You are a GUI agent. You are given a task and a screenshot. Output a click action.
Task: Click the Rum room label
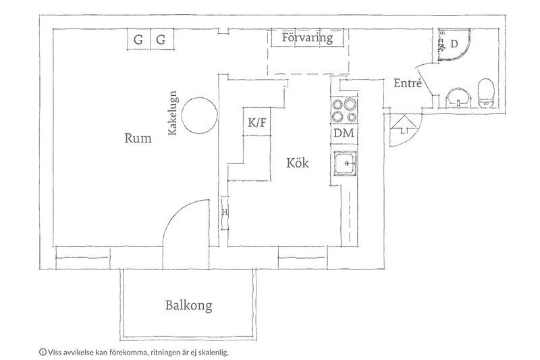coord(138,138)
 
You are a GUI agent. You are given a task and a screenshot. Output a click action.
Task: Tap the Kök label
coord(298,163)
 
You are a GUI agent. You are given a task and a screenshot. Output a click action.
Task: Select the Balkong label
coord(189,305)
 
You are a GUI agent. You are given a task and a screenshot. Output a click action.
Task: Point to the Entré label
coord(408,83)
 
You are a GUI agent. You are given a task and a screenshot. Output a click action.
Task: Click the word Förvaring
coord(307,37)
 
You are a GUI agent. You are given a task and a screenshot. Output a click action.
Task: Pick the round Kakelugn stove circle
coord(199,115)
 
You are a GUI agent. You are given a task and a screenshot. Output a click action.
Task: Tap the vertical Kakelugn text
coord(172,113)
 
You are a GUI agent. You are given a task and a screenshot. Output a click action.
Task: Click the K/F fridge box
coord(257,122)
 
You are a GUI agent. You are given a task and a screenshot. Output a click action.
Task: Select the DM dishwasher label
coord(344,133)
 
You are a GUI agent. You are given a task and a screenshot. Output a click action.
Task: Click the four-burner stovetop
coord(344,110)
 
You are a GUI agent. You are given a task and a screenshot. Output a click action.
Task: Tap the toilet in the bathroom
coord(486,93)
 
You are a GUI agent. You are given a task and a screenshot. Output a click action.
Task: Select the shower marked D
coord(454,44)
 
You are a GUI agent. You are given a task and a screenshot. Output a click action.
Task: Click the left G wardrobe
coord(138,40)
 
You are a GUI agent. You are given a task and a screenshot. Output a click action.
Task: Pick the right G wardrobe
coord(161,40)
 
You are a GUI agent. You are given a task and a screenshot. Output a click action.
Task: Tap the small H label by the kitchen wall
coord(225,213)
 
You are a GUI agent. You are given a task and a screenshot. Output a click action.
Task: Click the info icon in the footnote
coord(43,353)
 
